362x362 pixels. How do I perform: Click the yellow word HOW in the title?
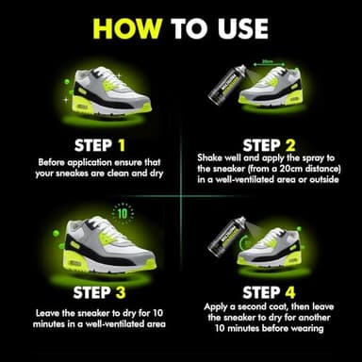click(x=127, y=28)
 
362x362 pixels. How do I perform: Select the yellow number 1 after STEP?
click(x=122, y=145)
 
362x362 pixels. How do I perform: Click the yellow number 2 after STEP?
click(x=290, y=145)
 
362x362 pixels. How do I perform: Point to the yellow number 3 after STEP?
click(x=121, y=292)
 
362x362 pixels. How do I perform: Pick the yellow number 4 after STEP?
click(x=290, y=292)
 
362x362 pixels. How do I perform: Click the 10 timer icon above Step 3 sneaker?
click(x=123, y=214)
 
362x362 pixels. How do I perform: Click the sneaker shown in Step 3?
click(x=110, y=243)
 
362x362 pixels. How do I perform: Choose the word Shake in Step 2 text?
click(x=209, y=157)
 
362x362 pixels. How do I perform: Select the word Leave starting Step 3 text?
click(x=47, y=313)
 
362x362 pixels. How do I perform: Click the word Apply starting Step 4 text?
click(x=216, y=307)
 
